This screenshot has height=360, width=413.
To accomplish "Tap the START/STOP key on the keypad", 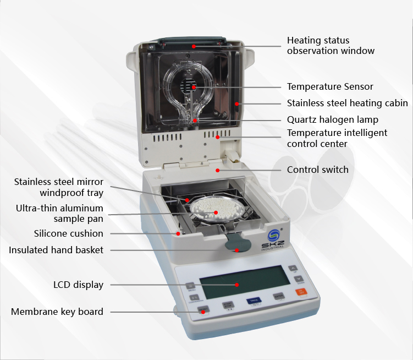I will [228, 305].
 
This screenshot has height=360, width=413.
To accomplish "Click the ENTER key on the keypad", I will [278, 296].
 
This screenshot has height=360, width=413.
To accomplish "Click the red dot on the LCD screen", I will [237, 285].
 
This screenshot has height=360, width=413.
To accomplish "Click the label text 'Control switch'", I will [317, 170].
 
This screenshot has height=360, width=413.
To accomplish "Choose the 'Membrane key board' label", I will [57, 312].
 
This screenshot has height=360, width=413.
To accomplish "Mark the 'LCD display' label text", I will [78, 285].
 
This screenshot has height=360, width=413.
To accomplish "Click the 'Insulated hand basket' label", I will [56, 250].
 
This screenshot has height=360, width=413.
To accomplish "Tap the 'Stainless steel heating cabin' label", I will [347, 103].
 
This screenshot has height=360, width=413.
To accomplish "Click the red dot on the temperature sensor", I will [194, 86].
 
